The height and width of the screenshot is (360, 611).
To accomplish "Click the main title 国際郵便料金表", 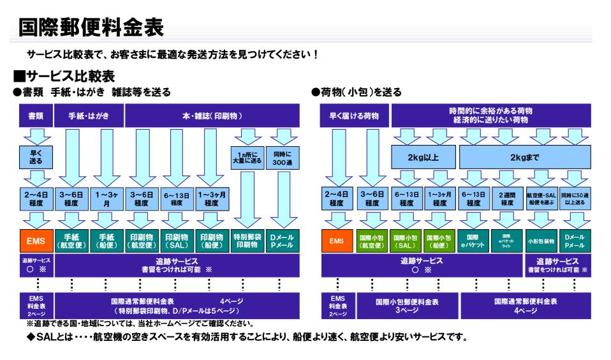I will pyautogui.click(x=91, y=27).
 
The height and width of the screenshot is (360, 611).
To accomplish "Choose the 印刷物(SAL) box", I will pyautogui.click(x=176, y=242).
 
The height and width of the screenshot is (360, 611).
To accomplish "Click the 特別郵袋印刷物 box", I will pyautogui.click(x=246, y=242).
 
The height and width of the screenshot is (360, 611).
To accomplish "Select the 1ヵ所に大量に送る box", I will pyautogui.click(x=246, y=157).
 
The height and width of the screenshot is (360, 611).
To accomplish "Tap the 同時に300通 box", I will pyautogui.click(x=281, y=157).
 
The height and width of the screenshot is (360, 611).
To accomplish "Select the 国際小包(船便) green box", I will pyautogui.click(x=439, y=242).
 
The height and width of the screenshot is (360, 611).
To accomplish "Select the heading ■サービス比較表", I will pyautogui.click(x=64, y=77).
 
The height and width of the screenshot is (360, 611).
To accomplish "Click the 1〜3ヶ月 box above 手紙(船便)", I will pyautogui.click(x=107, y=199).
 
